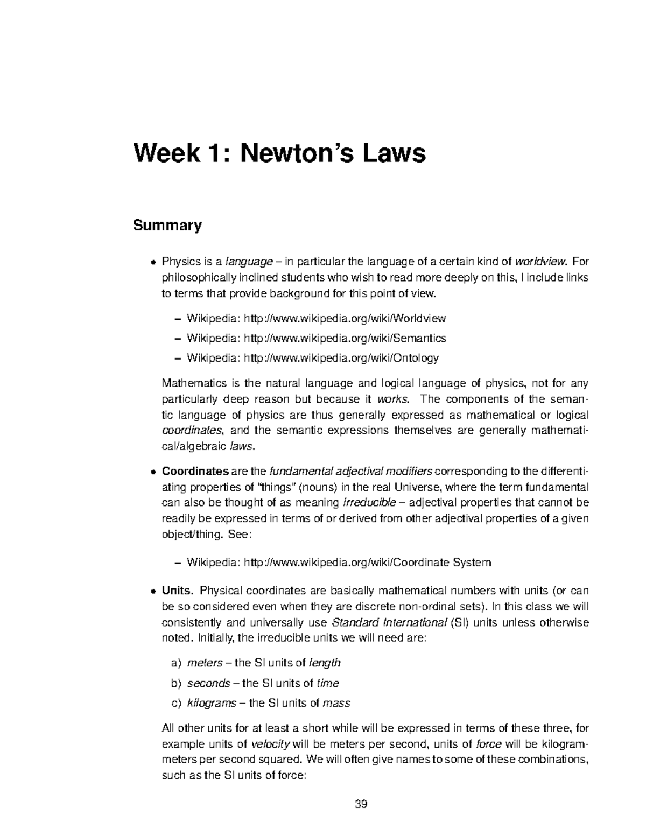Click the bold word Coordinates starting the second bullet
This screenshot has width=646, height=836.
[195, 472]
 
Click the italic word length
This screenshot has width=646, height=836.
[325, 663]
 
